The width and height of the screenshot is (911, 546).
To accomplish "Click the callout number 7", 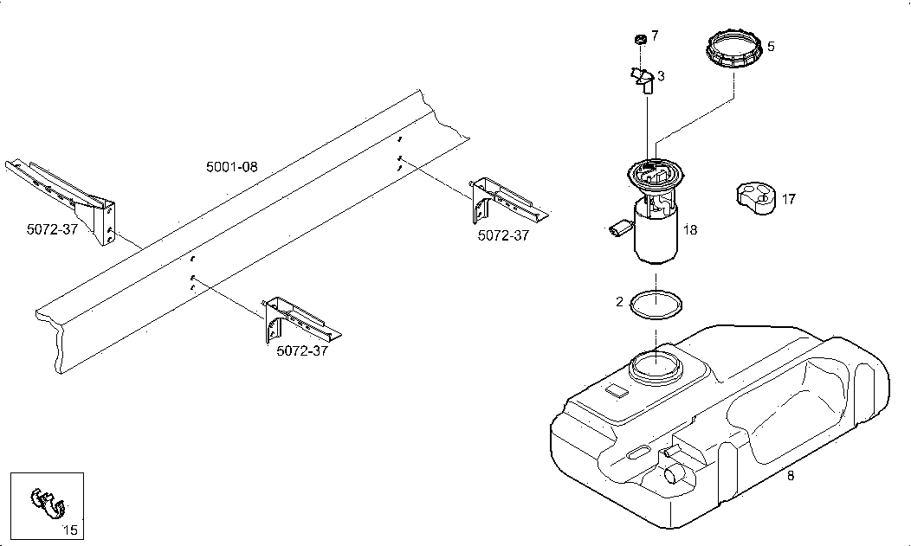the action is point(655,36).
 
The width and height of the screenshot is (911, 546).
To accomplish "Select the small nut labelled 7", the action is point(640,39).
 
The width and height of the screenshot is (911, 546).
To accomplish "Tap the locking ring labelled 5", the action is point(733,49).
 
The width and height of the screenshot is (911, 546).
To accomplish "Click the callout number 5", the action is point(771,47).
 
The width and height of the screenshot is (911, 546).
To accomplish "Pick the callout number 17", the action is point(788,200).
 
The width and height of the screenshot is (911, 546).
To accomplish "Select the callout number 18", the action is point(690,230).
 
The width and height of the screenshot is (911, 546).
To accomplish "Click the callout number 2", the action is point(619,302).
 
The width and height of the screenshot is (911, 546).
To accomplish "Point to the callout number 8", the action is point(791,476).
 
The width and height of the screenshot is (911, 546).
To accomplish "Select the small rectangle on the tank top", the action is point(617,391).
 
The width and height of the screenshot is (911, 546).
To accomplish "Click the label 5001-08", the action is point(232,167).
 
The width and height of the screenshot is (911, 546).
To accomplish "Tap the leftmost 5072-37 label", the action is point(52,229).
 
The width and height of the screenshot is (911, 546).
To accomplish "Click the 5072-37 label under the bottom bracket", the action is point(302,351).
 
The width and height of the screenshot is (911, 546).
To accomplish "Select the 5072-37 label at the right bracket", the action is point(504,235).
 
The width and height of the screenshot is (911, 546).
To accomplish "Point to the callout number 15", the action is point(70,530).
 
